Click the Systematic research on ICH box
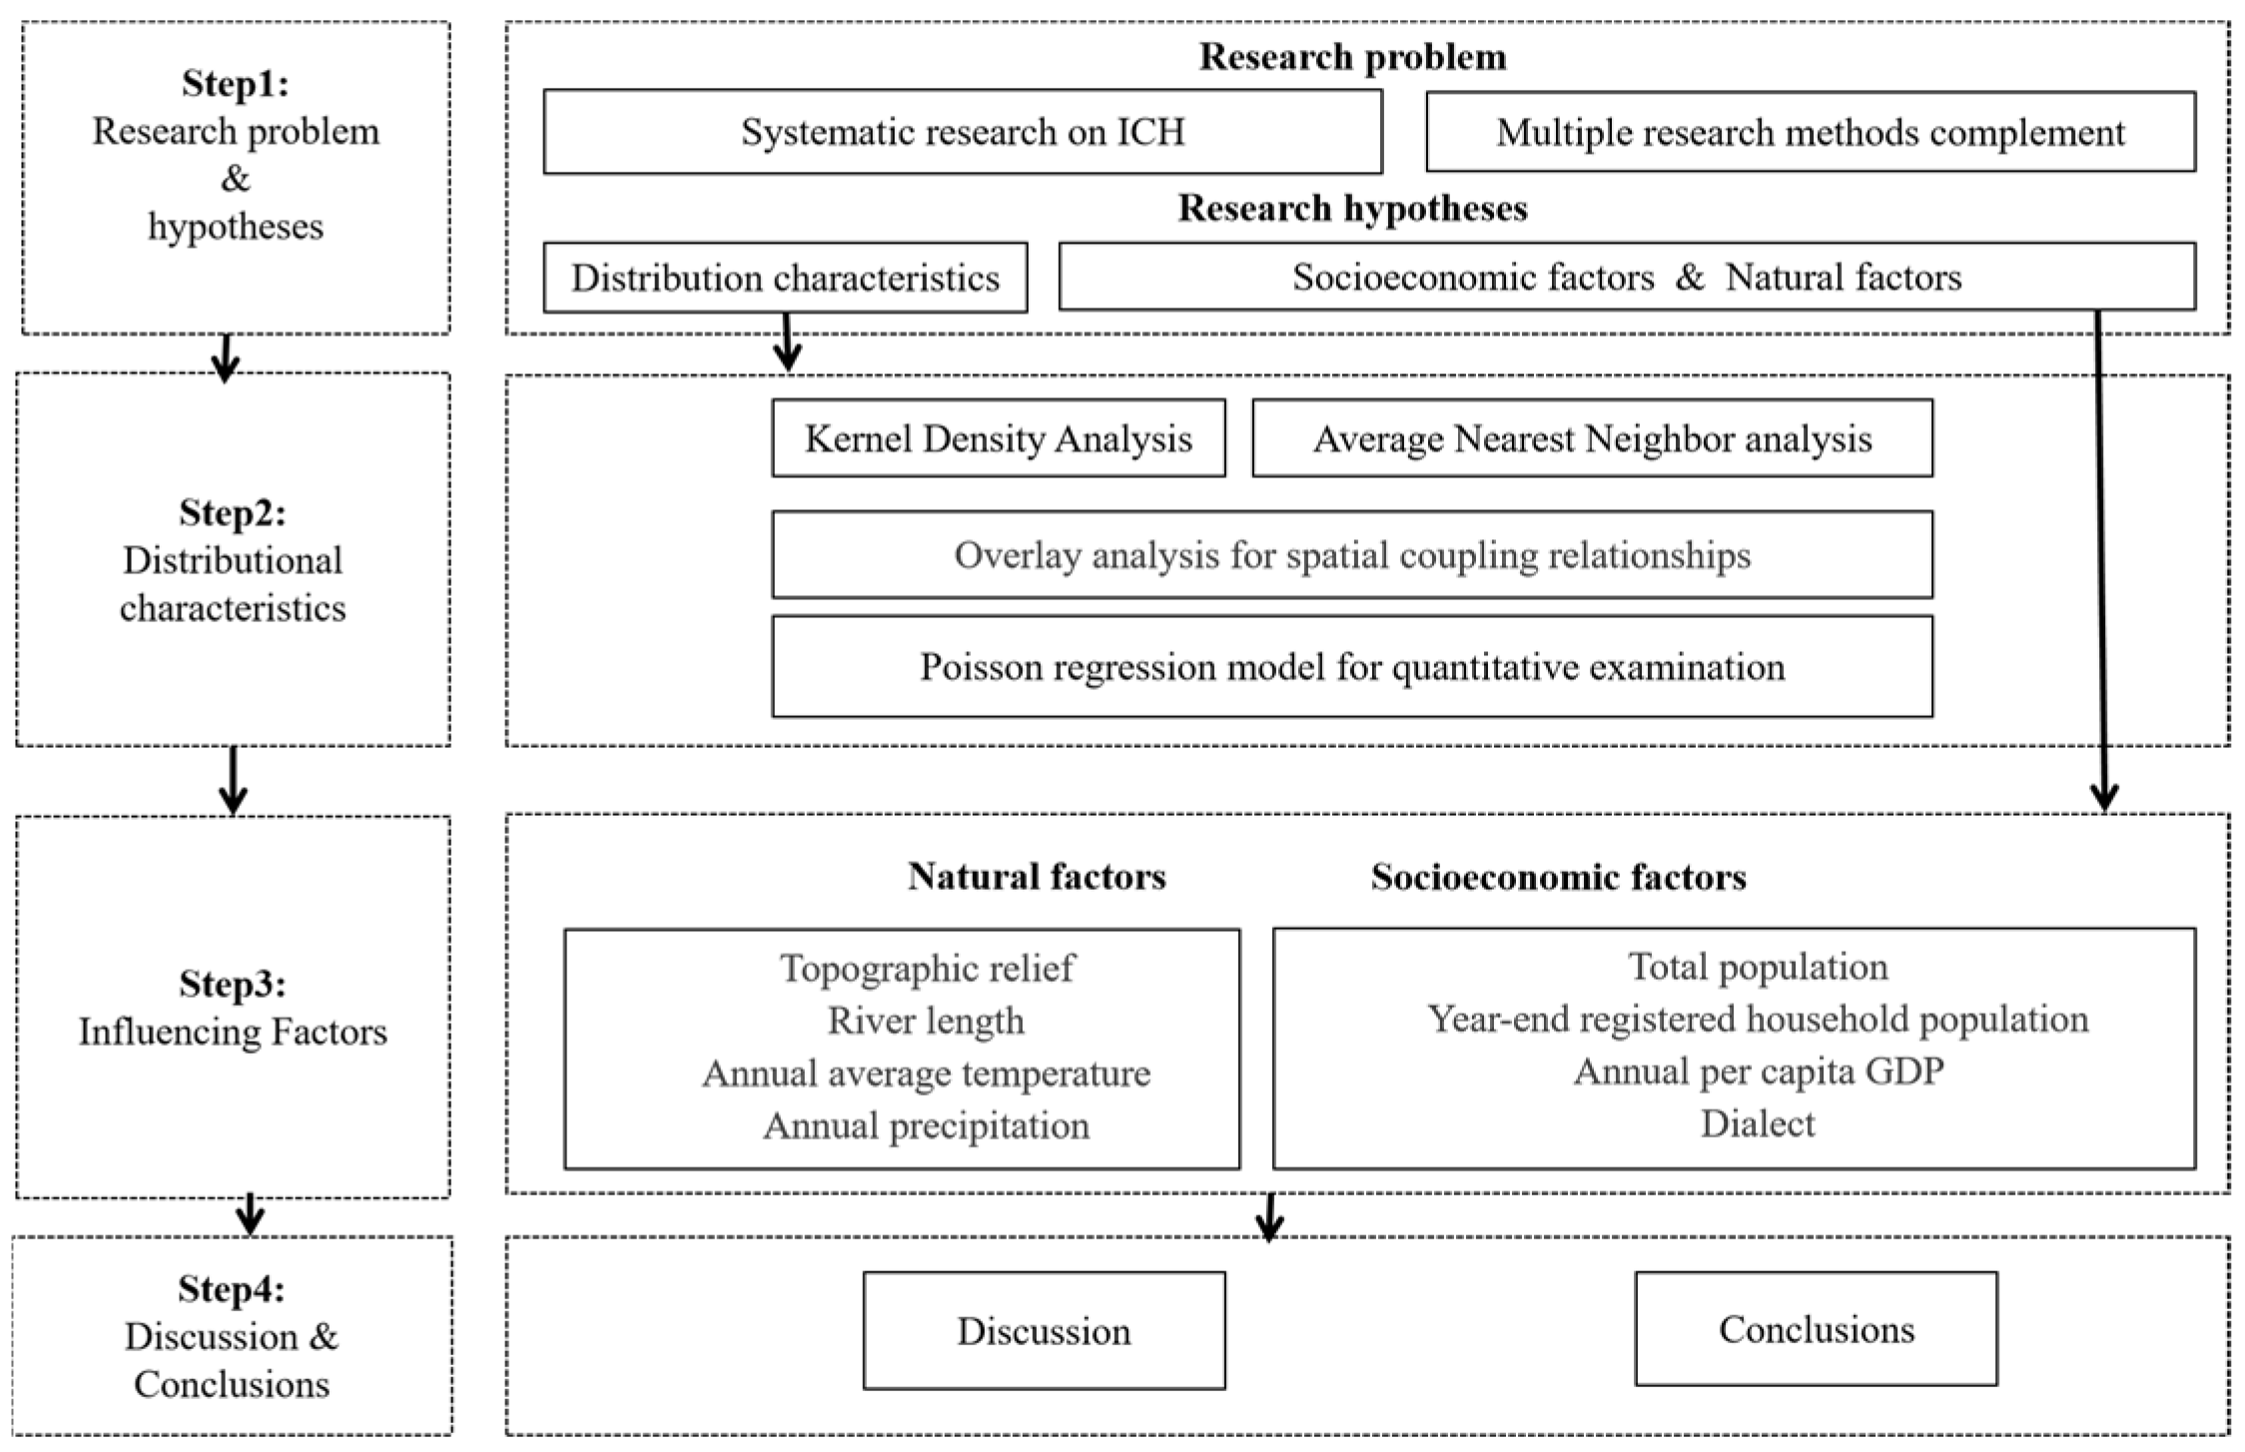pyautogui.click(x=962, y=132)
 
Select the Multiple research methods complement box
pyautogui.click(x=1810, y=132)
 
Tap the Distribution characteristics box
pyautogui.click(x=785, y=278)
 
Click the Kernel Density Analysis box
pyautogui.click(x=998, y=438)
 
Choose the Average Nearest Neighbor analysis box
pyautogui.click(x=1592, y=438)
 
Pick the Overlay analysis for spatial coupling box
pyautogui.click(x=1351, y=555)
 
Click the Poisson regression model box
pyautogui.click(x=1351, y=666)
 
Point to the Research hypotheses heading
pyautogui.click(x=1352, y=208)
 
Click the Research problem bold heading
pyautogui.click(x=1352, y=57)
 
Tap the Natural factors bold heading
pyautogui.click(x=1037, y=877)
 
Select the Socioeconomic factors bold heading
pyautogui.click(x=1558, y=877)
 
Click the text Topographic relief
pyautogui.click(x=927, y=968)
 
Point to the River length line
pyautogui.click(x=926, y=1021)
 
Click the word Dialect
pyautogui.click(x=1758, y=1123)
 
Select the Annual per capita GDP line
pyautogui.click(x=1758, y=1071)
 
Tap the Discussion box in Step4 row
pyautogui.click(x=1044, y=1330)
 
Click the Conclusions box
pyautogui.click(x=1816, y=1328)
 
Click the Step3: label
pyautogui.click(x=233, y=984)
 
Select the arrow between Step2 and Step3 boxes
pyautogui.click(x=233, y=781)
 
